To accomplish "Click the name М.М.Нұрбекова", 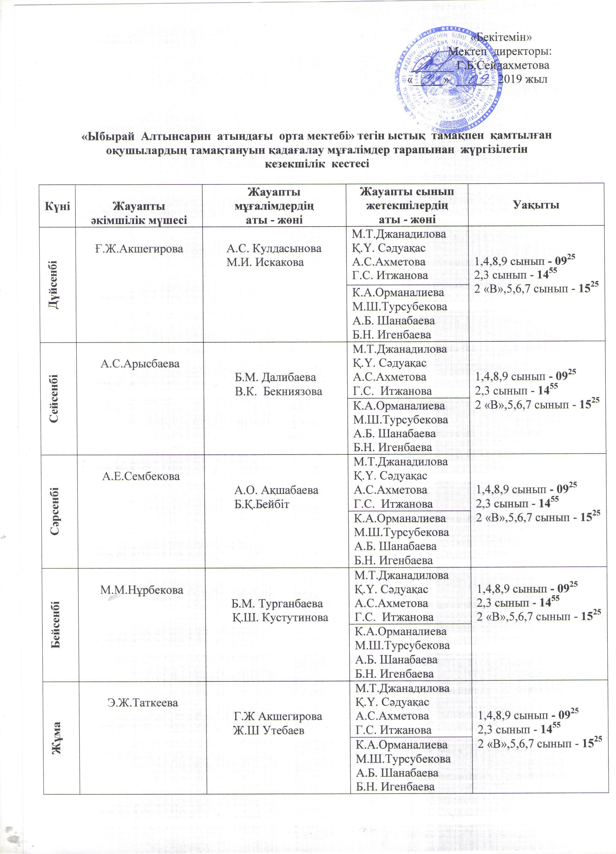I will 142,590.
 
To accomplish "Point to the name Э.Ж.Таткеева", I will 142,702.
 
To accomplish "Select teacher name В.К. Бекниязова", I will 279,391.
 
